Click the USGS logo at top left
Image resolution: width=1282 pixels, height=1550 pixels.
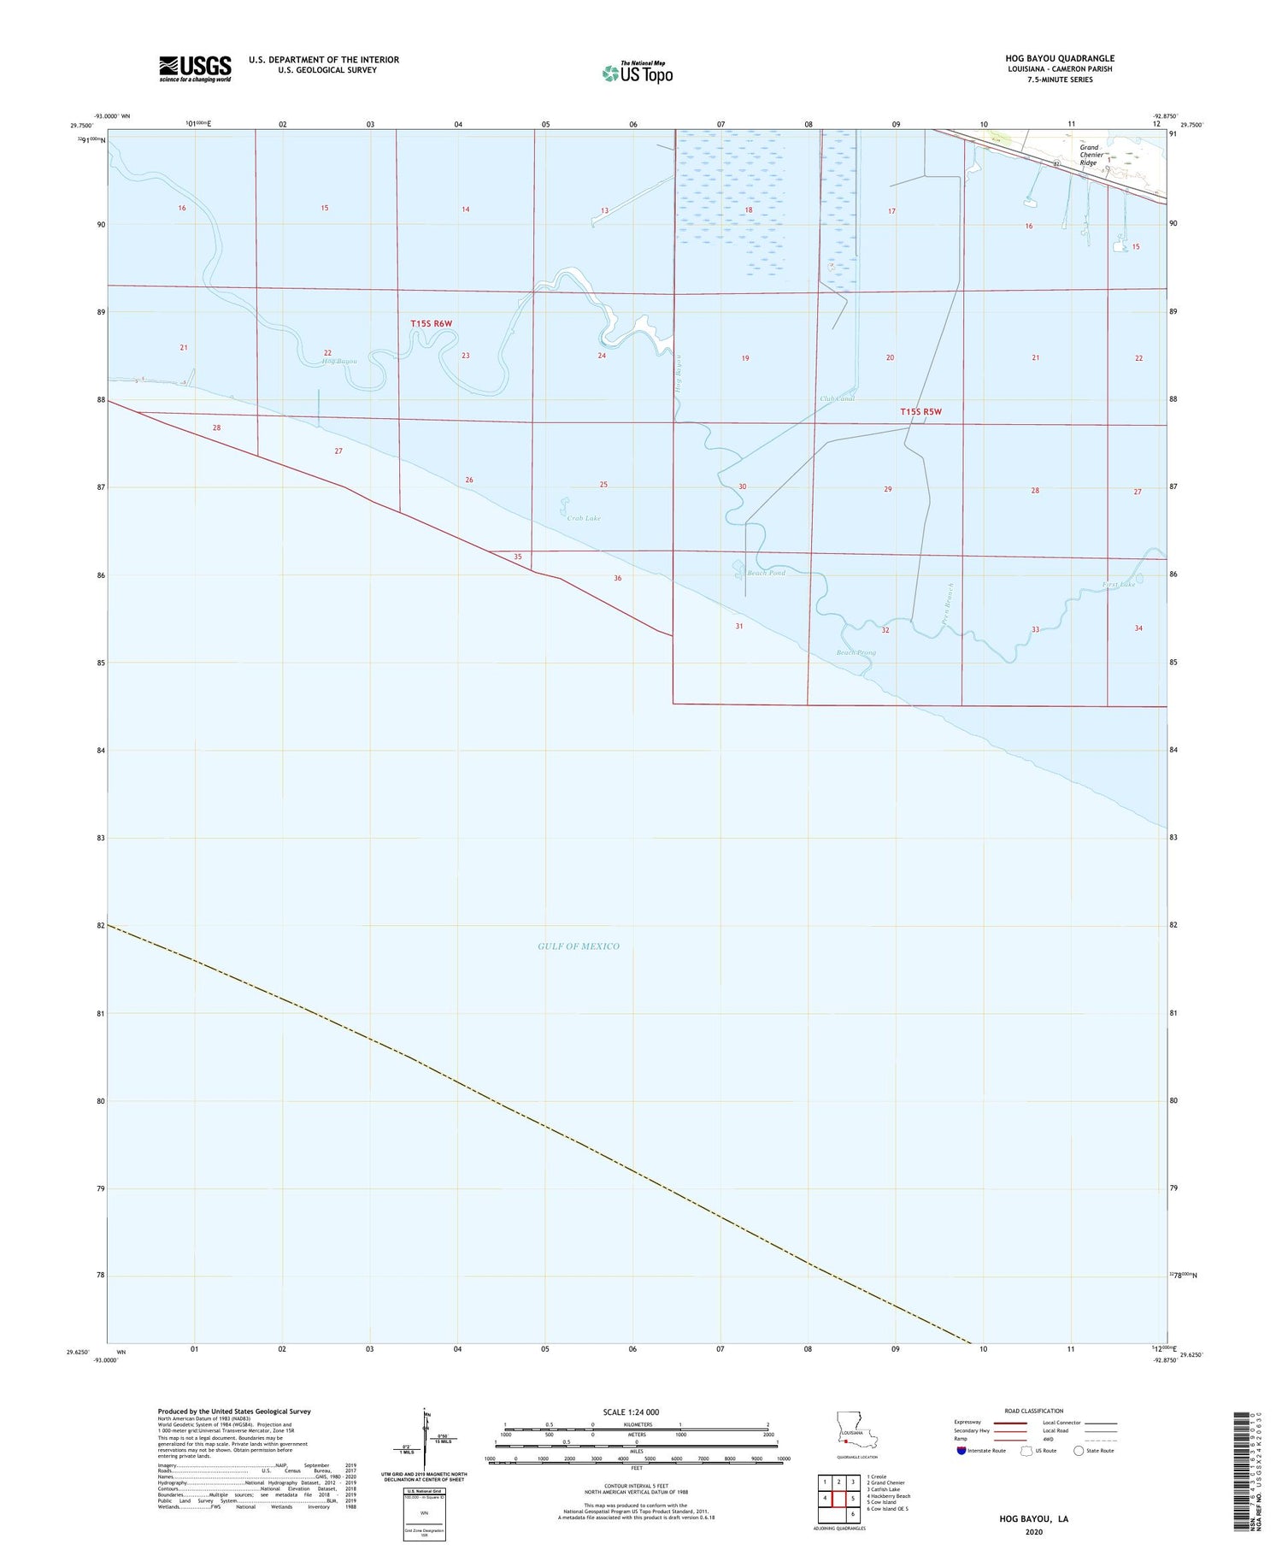(195, 68)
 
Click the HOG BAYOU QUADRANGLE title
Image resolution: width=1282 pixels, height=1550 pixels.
(1060, 58)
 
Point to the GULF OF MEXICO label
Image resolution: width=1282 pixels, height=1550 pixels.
(579, 946)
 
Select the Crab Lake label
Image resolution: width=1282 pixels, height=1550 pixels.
(584, 518)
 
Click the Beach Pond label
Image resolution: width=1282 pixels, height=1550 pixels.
(766, 573)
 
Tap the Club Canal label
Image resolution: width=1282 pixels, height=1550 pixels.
(838, 398)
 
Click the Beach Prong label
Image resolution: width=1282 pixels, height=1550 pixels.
(856, 652)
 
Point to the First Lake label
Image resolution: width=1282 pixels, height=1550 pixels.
(1118, 585)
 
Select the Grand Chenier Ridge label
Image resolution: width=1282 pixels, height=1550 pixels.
(1088, 155)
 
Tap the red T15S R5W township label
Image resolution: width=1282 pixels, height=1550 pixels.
(920, 412)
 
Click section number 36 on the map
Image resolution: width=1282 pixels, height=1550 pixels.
(618, 579)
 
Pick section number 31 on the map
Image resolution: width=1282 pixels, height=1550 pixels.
(739, 626)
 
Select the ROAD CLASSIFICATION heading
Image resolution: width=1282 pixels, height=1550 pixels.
(1033, 1411)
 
